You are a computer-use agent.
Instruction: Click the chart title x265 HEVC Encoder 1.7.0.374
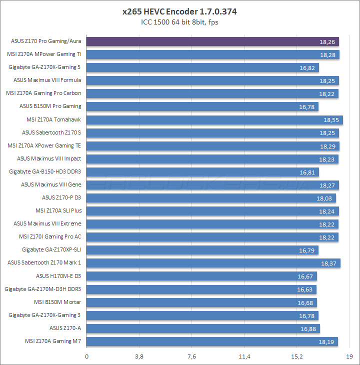pyautogui.click(x=179, y=11)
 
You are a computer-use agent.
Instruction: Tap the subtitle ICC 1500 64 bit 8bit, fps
pyautogui.click(x=179, y=21)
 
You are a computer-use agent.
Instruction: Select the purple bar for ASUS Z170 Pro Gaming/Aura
pyautogui.click(x=213, y=41)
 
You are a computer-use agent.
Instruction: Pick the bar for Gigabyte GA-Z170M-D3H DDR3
pyautogui.click(x=201, y=289)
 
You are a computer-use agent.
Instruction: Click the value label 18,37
pyautogui.click(x=328, y=263)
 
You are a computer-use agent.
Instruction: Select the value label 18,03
pyautogui.click(x=324, y=198)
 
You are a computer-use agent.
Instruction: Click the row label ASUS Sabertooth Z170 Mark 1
pyautogui.click(x=44, y=262)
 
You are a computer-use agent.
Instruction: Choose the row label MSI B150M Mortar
pyautogui.click(x=57, y=302)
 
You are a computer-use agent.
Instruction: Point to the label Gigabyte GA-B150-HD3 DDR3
pyautogui.click(x=45, y=171)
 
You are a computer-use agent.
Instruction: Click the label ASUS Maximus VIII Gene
pyautogui.click(x=51, y=184)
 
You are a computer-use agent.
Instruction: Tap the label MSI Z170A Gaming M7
pyautogui.click(x=52, y=341)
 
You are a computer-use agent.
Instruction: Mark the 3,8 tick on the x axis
pyautogui.click(x=139, y=356)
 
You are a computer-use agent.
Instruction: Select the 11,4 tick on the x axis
pyautogui.click(x=244, y=356)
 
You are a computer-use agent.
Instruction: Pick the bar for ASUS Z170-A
pyautogui.click(x=203, y=328)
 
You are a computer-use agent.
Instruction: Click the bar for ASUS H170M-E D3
pyautogui.click(x=202, y=276)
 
